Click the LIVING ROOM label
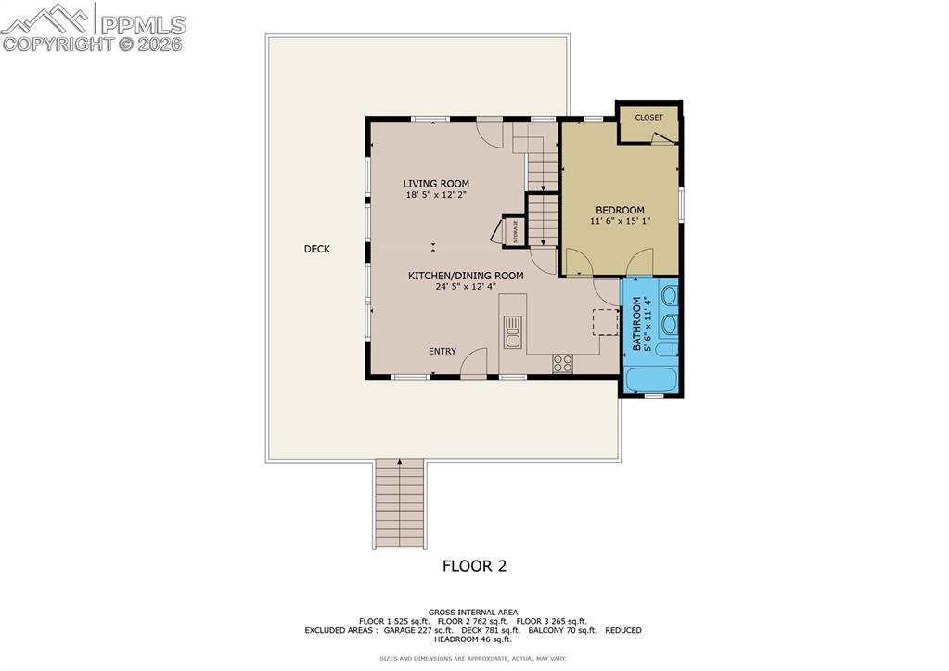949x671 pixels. (x=435, y=184)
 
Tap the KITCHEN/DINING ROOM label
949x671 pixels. (x=466, y=276)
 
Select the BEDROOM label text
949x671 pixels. (x=620, y=211)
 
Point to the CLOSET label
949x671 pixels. (x=648, y=118)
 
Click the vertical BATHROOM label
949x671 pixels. (x=636, y=324)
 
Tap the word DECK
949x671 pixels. (x=316, y=249)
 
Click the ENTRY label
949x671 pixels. (x=442, y=351)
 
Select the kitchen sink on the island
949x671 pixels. (x=512, y=331)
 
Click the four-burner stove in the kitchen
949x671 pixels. (x=562, y=363)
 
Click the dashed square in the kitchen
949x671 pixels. (x=605, y=321)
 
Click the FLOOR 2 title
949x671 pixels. (x=473, y=565)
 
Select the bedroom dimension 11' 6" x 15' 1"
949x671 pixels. (x=620, y=222)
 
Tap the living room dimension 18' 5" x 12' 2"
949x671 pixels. (x=435, y=195)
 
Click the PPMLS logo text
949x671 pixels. (x=142, y=25)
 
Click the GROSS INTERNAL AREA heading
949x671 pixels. (x=473, y=612)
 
